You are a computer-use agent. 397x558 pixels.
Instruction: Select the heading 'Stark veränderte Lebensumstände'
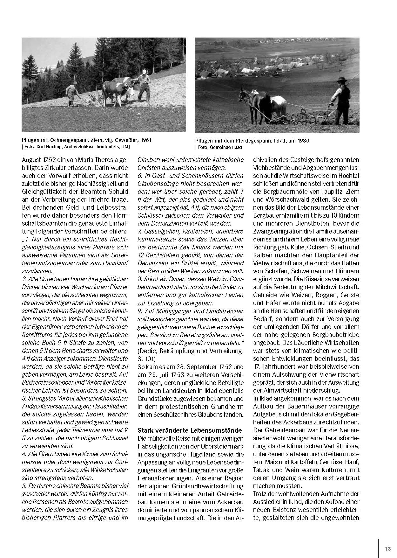190,430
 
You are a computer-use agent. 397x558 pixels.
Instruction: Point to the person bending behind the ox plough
73,94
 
